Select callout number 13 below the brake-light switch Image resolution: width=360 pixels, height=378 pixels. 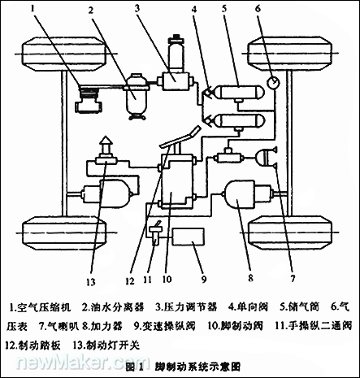(90, 281)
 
